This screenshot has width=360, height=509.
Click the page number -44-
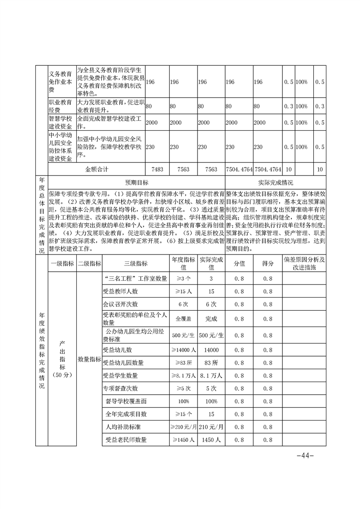click(x=305, y=455)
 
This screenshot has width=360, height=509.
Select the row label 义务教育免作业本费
click(x=61, y=82)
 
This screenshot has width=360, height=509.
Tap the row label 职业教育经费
click(x=61, y=106)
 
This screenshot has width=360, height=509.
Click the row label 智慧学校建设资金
click(x=61, y=122)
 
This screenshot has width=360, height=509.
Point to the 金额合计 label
click(x=97, y=169)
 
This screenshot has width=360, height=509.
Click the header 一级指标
click(x=62, y=264)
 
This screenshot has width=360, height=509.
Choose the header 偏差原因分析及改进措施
click(x=304, y=264)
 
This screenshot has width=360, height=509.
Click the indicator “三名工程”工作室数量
click(x=135, y=278)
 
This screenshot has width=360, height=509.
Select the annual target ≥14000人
click(x=183, y=350)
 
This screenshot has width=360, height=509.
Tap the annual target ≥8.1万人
click(x=183, y=376)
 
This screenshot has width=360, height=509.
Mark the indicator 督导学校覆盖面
click(x=126, y=401)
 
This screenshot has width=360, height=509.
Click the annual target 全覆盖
click(x=183, y=319)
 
